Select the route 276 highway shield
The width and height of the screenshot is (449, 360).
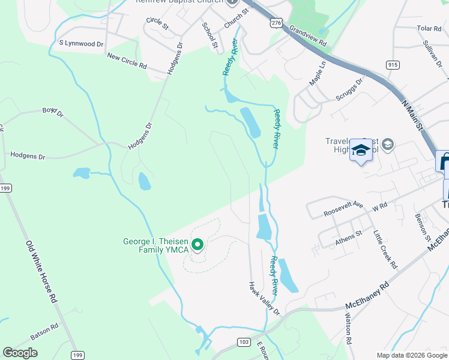click(276, 22)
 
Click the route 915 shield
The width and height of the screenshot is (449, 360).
click(393, 65)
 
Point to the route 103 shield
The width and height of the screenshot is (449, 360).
click(243, 341)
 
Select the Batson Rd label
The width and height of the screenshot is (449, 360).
click(44, 332)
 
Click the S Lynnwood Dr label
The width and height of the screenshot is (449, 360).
click(81, 43)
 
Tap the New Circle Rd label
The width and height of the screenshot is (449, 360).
click(127, 60)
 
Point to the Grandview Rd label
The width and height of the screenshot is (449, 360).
click(307, 36)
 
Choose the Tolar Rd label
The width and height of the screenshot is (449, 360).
click(429, 28)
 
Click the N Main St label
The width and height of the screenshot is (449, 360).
click(412, 115)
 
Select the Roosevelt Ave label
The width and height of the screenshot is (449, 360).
click(344, 208)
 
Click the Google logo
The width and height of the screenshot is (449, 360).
click(20, 353)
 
